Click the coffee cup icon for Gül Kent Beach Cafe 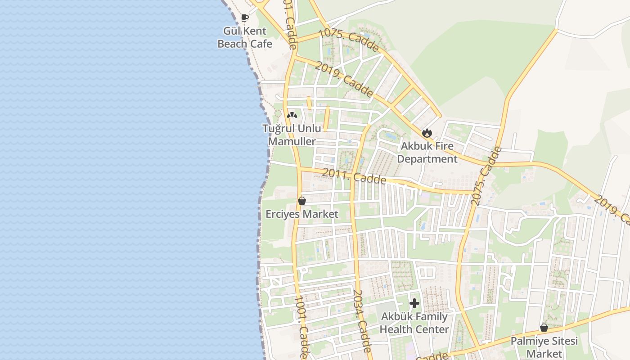click(x=245, y=18)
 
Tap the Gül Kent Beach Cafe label click(x=245, y=37)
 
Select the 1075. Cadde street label click(x=349, y=40)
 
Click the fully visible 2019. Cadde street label click(x=344, y=80)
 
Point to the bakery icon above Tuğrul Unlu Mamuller click(x=292, y=116)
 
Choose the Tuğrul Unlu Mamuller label click(x=292, y=135)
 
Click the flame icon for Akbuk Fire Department click(x=427, y=133)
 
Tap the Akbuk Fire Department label click(x=427, y=153)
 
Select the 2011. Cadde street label click(x=354, y=176)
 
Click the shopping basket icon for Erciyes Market click(x=302, y=201)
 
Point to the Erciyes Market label click(x=302, y=214)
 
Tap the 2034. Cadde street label click(x=362, y=320)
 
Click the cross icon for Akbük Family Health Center click(x=414, y=303)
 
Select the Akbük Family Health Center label click(x=414, y=323)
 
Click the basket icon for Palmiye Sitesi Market click(x=544, y=328)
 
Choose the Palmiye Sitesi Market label click(x=544, y=347)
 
